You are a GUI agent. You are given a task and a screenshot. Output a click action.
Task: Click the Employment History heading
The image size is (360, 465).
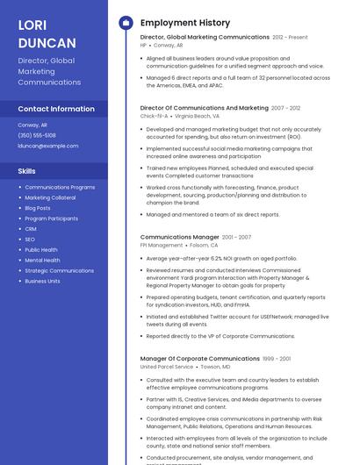tap(185, 23)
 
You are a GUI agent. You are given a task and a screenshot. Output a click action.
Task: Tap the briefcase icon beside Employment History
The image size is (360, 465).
tap(125, 23)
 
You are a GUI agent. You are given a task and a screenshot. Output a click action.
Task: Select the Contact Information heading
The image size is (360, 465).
tap(56, 109)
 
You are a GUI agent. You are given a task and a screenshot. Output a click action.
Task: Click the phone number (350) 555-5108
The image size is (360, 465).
tap(37, 135)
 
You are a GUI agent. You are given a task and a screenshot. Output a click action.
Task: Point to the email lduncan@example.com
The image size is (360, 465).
tap(48, 146)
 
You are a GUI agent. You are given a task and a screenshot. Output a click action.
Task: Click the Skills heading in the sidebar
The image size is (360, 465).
tap(27, 171)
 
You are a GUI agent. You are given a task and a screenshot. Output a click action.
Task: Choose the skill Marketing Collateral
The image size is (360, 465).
tap(50, 197)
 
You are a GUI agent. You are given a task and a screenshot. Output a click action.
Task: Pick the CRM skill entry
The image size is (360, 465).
tap(31, 229)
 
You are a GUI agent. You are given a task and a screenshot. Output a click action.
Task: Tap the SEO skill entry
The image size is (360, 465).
tap(30, 240)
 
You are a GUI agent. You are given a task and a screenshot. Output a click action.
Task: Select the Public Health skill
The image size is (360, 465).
tap(41, 250)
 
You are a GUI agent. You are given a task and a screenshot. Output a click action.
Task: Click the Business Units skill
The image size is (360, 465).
tap(43, 282)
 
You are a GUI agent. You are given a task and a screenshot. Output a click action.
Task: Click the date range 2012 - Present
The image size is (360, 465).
tap(291, 38)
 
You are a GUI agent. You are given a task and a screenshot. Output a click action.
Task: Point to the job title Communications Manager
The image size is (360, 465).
tap(180, 237)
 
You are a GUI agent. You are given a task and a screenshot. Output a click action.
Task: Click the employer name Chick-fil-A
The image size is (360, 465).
tap(154, 116)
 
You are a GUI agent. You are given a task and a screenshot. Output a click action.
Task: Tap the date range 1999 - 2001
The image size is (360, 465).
tap(277, 359)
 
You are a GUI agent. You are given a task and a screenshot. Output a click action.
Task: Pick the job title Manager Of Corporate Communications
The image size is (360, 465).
tap(200, 359)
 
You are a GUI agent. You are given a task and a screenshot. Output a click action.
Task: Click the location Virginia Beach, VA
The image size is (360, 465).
tap(198, 116)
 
